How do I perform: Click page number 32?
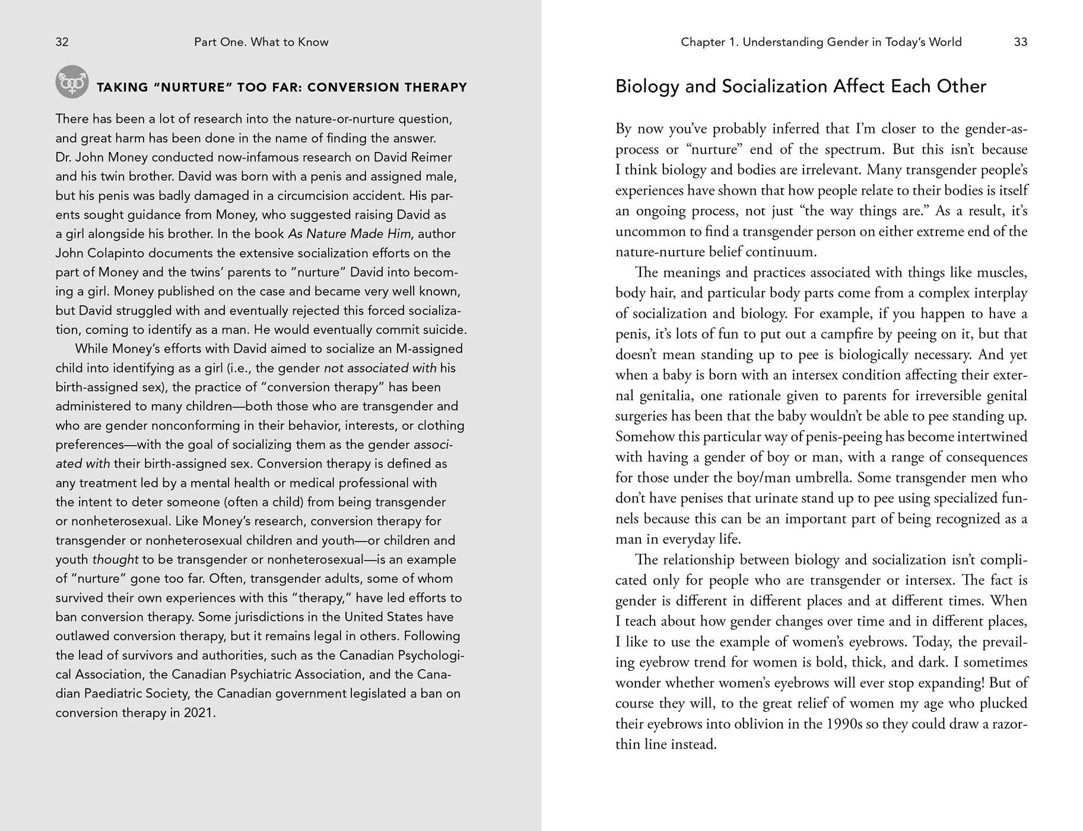(62, 42)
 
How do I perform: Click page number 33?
(1020, 42)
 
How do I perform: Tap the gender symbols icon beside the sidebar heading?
(72, 82)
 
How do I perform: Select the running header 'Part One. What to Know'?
(261, 42)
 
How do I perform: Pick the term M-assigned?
(429, 348)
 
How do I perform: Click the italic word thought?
(115, 559)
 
